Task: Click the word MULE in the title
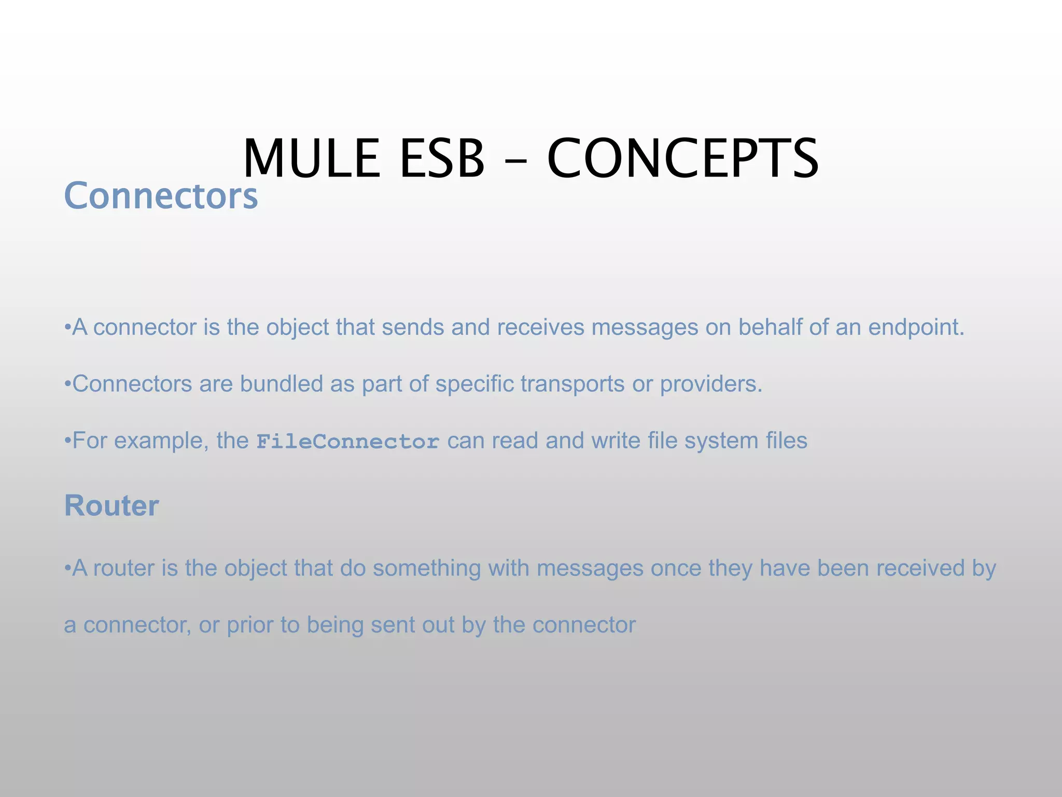point(311,158)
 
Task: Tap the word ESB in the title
point(442,158)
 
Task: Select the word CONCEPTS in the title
point(682,158)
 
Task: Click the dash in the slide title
point(515,161)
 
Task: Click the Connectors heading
point(161,196)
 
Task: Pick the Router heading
point(111,505)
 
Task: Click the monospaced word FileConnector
point(348,442)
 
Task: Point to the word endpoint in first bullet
point(916,327)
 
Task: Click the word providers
point(711,384)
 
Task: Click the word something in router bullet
point(427,568)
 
